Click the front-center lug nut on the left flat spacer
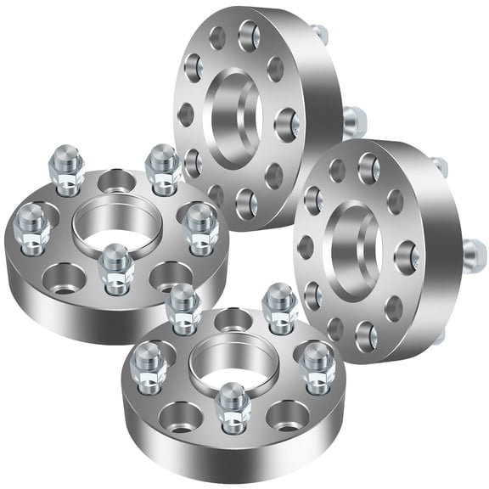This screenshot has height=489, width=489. point(115,267)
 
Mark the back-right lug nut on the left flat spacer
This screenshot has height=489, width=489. point(161,167)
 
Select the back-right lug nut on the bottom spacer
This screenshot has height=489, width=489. point(278,307)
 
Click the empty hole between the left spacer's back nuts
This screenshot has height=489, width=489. point(113,179)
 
